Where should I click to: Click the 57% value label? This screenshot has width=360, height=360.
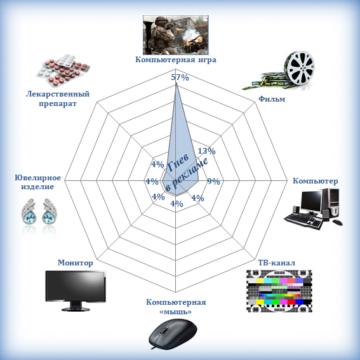pyautogui.click(x=180, y=77)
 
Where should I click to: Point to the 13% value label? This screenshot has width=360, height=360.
pyautogui.click(x=206, y=151)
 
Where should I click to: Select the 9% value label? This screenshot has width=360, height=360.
pyautogui.click(x=213, y=182)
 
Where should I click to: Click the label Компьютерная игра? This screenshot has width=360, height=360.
pyautogui.click(x=176, y=60)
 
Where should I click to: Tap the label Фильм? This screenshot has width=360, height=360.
pyautogui.click(x=272, y=98)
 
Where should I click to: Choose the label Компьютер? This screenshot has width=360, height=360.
pyautogui.click(x=316, y=181)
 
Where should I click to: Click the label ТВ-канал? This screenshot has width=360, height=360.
pyautogui.click(x=277, y=262)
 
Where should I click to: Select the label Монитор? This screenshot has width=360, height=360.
pyautogui.click(x=76, y=263)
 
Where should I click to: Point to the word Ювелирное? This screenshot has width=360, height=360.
pyautogui.click(x=38, y=178)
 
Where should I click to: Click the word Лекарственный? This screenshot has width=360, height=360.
pyautogui.click(x=58, y=94)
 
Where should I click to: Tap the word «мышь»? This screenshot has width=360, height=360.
pyautogui.click(x=176, y=312)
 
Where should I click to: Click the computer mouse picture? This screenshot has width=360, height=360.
pyautogui.click(x=173, y=333)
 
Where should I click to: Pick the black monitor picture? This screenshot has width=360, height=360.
pyautogui.click(x=76, y=290)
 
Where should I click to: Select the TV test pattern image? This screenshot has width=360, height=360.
pyautogui.click(x=279, y=291)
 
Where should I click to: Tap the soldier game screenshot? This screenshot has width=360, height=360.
pyautogui.click(x=176, y=35)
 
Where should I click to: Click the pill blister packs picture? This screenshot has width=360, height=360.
pyautogui.click(x=63, y=70)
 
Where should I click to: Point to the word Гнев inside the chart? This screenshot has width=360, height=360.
pyautogui.click(x=178, y=163)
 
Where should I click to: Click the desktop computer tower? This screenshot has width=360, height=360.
pyautogui.click(x=331, y=203)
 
